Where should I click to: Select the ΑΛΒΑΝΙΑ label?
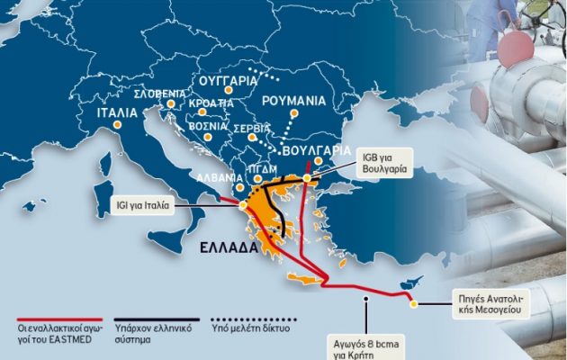(x=219, y=178)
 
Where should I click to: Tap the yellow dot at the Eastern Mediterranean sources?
(x=414, y=304)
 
